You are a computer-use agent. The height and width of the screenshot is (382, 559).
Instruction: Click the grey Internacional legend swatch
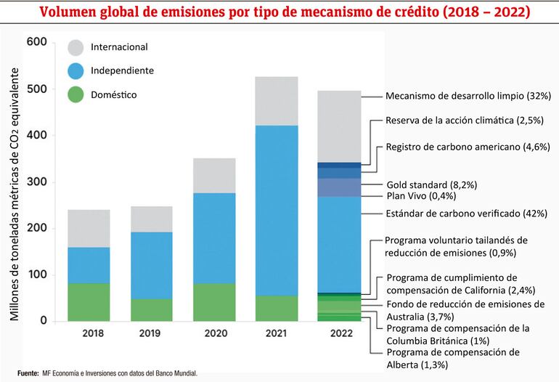pyautogui.click(x=76, y=48)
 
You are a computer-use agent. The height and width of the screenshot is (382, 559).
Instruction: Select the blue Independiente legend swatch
pyautogui.click(x=76, y=71)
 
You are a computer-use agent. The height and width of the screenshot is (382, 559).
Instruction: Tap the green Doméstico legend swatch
pyautogui.click(x=76, y=94)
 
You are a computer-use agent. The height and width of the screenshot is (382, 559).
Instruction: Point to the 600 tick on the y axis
pyautogui.click(x=36, y=43)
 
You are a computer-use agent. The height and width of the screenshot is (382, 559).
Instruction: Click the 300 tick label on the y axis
pyautogui.click(x=36, y=182)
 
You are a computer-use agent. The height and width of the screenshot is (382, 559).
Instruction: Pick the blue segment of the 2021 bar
pyautogui.click(x=276, y=211)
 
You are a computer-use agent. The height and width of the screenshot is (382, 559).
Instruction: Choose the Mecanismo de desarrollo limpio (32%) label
pyautogui.click(x=468, y=96)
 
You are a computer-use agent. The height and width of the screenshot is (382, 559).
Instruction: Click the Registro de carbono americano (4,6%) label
pyautogui.click(x=468, y=146)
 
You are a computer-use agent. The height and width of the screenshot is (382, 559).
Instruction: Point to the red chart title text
pyautogui.click(x=279, y=12)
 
